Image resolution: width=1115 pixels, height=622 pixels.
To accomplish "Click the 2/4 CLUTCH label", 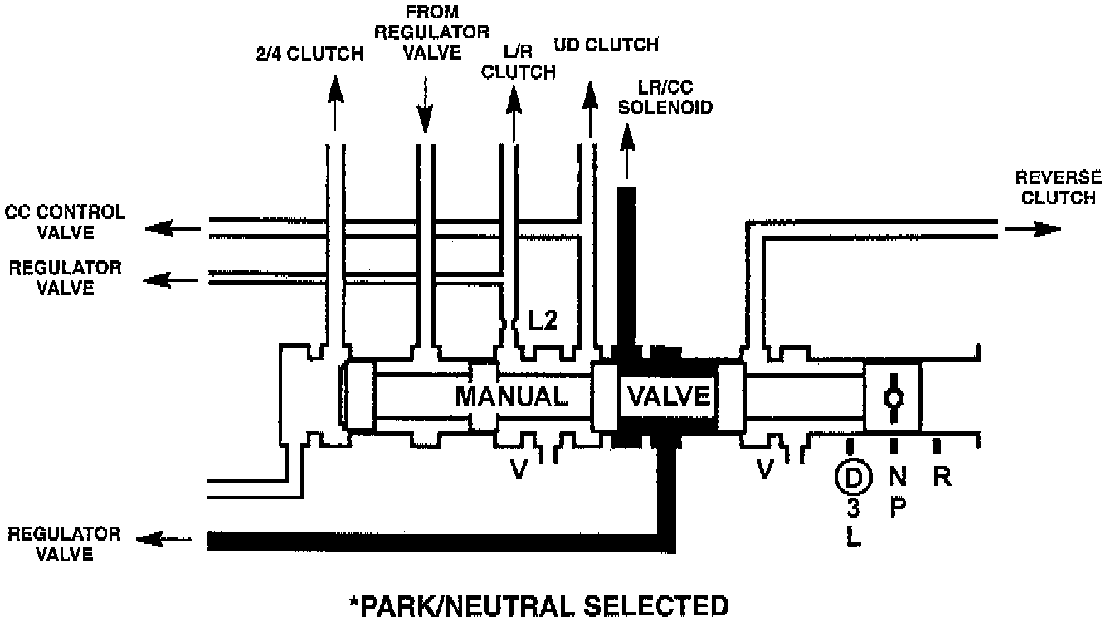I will pyautogui.click(x=309, y=55).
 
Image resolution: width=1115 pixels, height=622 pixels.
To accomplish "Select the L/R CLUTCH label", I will pyautogui.click(x=519, y=61).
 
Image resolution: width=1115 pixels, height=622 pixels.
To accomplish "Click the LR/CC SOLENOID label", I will pyautogui.click(x=674, y=97).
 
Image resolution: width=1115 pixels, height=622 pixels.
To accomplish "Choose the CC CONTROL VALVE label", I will pyautogui.click(x=65, y=221).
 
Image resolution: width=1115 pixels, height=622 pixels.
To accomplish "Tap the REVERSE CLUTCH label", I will pyautogui.click(x=1059, y=187).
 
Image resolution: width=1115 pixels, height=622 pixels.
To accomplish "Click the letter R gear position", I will pyautogui.click(x=941, y=477).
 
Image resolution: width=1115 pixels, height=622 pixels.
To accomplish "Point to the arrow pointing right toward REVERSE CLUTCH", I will pyautogui.click(x=1032, y=229).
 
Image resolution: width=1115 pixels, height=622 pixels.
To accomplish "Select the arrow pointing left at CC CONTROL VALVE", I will pyautogui.click(x=173, y=228).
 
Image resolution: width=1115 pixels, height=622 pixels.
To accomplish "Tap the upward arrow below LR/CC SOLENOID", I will pyautogui.click(x=626, y=149).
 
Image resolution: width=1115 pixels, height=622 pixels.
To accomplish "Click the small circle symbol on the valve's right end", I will pyautogui.click(x=893, y=398).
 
